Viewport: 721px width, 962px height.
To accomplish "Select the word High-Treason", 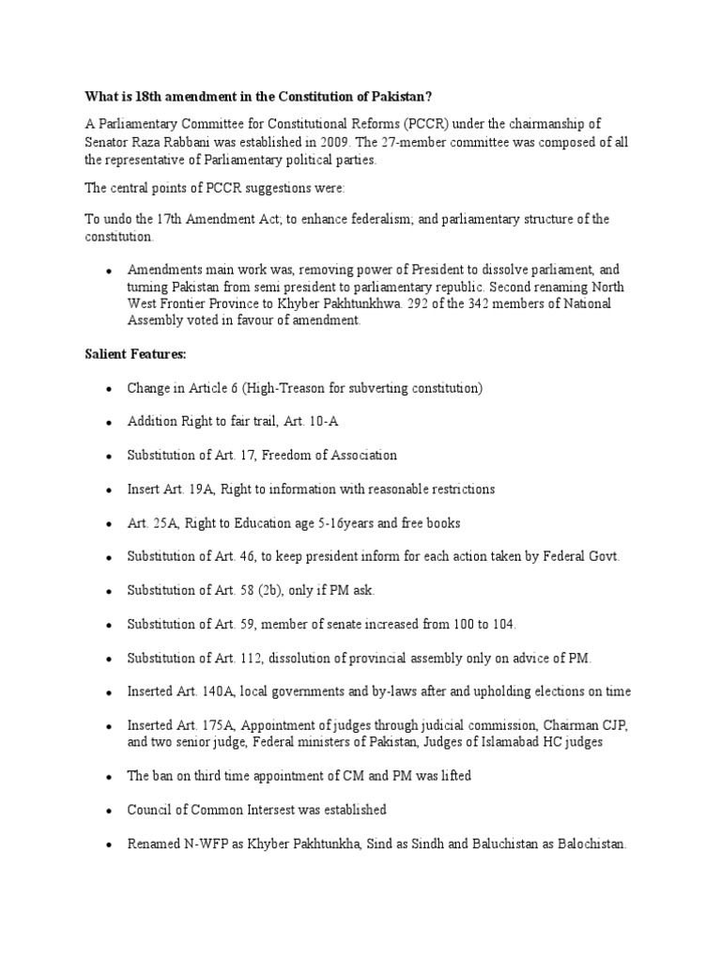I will [299, 388].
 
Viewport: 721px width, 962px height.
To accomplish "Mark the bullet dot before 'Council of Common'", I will [109, 810].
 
